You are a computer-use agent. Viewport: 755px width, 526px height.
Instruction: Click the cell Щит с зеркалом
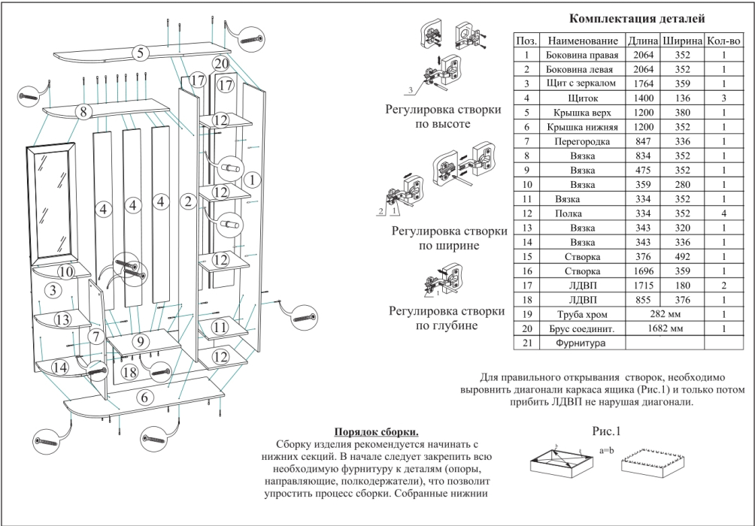click(584, 83)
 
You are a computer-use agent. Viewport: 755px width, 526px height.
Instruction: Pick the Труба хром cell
click(584, 314)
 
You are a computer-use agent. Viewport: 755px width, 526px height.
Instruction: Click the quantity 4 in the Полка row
click(723, 213)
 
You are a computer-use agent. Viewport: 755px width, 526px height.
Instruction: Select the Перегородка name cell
click(584, 141)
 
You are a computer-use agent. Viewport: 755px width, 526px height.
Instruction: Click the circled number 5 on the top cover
click(139, 53)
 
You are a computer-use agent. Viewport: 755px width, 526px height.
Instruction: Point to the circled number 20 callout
click(220, 63)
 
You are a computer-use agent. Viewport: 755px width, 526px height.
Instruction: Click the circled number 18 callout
click(129, 371)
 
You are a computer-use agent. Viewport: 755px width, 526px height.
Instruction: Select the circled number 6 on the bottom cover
click(144, 398)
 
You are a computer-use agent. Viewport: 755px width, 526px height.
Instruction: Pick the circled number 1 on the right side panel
click(253, 178)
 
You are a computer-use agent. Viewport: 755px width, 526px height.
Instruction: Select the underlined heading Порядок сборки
click(376, 431)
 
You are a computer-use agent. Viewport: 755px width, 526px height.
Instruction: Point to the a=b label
click(608, 450)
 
